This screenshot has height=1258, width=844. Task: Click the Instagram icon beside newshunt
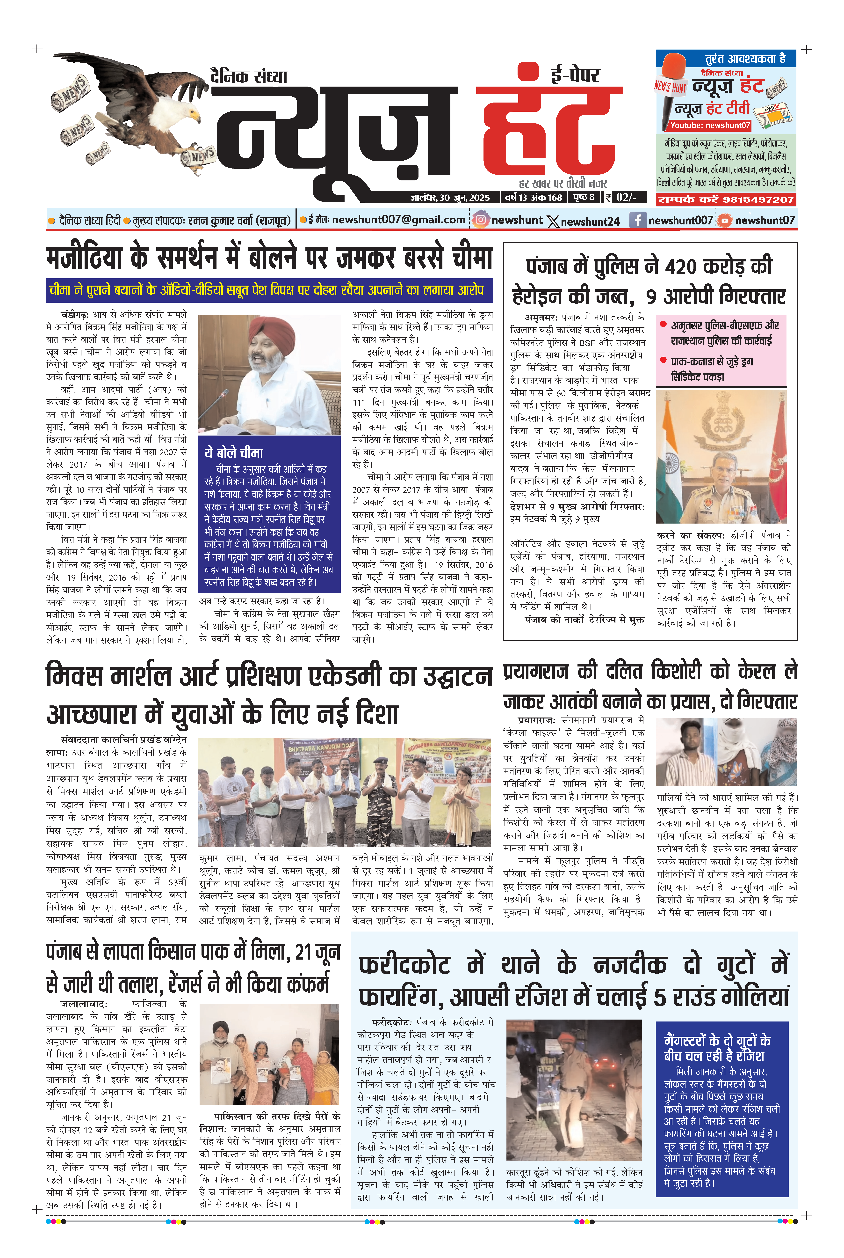[x=480, y=220]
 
